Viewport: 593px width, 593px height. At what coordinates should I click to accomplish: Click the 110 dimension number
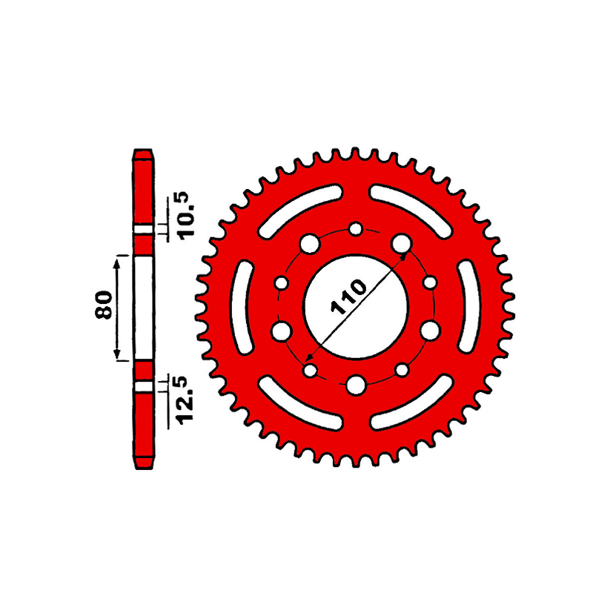[348, 297]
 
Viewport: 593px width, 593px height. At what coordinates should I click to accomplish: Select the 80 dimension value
[103, 305]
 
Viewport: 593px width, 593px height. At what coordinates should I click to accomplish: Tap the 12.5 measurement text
[187, 400]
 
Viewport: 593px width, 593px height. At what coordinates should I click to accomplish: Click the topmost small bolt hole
[356, 229]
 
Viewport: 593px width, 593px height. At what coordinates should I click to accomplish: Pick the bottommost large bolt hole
[356, 385]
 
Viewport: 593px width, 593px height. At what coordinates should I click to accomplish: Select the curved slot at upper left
[300, 211]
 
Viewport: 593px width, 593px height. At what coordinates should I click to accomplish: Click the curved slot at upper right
[411, 211]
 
